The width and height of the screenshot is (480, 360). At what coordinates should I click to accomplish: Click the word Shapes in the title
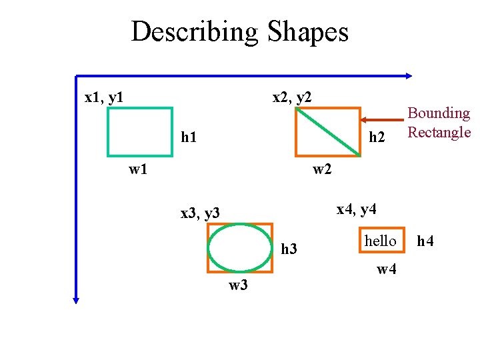tap(308, 31)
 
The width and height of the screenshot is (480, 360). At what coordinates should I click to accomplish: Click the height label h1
tap(189, 137)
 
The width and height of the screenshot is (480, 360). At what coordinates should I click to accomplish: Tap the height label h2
tap(377, 137)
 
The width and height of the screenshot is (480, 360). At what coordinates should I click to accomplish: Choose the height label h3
tap(289, 249)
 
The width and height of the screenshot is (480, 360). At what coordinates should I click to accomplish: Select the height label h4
tap(425, 241)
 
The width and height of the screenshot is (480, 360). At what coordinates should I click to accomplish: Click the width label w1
tap(138, 169)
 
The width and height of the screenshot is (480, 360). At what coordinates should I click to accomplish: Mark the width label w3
tap(239, 286)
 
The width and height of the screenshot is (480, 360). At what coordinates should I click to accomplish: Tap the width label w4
tap(387, 269)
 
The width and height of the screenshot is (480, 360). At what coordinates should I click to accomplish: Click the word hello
tap(380, 241)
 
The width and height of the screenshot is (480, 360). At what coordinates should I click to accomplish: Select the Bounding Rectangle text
tap(439, 123)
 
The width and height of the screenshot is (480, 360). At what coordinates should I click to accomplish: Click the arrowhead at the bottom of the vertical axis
tap(76, 299)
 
